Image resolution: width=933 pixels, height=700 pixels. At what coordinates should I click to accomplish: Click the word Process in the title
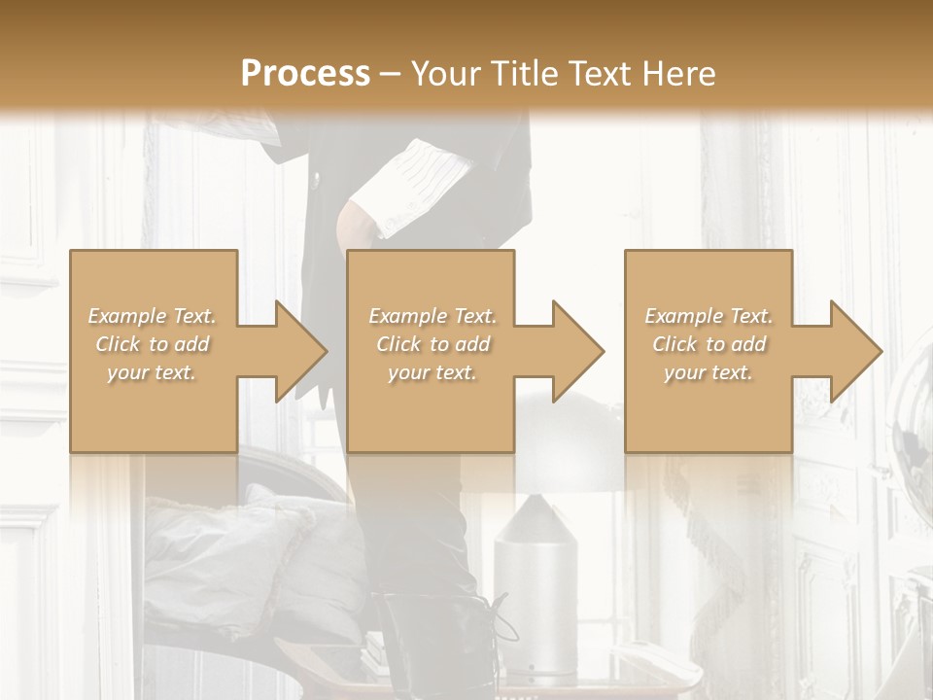(305, 74)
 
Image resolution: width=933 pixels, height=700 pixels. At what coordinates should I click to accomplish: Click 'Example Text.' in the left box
(153, 316)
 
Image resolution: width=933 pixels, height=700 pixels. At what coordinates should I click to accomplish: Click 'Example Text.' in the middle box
(432, 316)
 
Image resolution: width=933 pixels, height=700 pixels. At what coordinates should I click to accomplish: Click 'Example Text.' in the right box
(708, 316)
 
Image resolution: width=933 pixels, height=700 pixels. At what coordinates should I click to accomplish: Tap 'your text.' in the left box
(152, 372)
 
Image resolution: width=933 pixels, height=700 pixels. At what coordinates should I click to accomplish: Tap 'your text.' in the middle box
(432, 372)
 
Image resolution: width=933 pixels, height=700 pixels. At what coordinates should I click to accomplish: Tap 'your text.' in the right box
(708, 372)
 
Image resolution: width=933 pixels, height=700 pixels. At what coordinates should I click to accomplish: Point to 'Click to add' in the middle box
(432, 344)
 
